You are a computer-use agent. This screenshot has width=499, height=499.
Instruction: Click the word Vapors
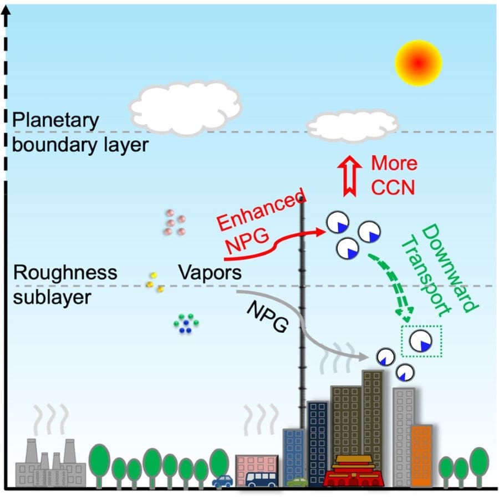[x=210, y=273]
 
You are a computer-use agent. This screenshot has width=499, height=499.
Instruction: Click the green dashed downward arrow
[x=391, y=288]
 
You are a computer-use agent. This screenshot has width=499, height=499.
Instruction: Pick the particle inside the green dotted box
[x=421, y=342]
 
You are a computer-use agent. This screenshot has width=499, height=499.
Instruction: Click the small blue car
[x=223, y=481]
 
